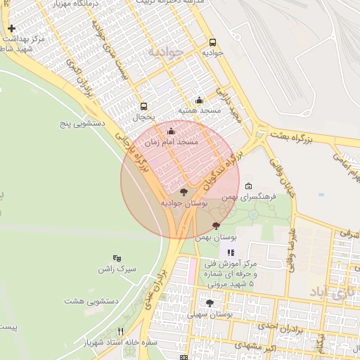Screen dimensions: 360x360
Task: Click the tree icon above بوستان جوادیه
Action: tap(184, 191)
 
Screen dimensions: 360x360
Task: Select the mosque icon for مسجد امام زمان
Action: tap(171, 131)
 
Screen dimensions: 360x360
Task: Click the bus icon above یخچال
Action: tap(144, 105)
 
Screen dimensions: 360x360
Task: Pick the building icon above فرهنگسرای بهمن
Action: tap(249, 186)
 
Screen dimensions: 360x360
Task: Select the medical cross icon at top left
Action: tap(11, 29)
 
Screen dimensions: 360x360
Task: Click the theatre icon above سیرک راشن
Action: tap(117, 258)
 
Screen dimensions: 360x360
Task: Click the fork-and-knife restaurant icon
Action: tap(121, 331)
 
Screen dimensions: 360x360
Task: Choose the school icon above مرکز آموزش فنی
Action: tap(230, 252)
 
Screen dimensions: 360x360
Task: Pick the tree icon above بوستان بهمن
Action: tap(216, 226)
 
